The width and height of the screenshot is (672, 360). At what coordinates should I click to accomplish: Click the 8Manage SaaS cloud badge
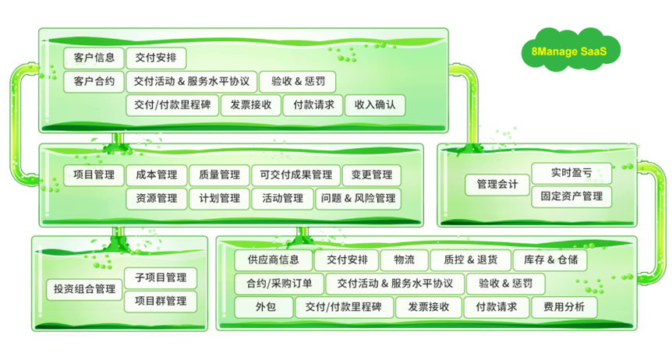[566, 53]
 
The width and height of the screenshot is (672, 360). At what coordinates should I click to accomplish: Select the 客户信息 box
[94, 58]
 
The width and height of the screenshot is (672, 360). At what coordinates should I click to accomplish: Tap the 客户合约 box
[94, 81]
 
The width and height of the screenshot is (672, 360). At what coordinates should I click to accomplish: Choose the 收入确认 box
[375, 104]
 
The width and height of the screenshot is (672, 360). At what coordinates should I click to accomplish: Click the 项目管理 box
[94, 175]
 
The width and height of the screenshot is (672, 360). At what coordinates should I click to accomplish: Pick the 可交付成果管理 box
[296, 175]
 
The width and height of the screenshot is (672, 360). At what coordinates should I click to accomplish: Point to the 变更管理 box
[372, 175]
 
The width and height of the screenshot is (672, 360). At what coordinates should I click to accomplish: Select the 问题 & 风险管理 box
[359, 199]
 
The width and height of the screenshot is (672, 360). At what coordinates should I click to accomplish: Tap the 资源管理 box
[156, 199]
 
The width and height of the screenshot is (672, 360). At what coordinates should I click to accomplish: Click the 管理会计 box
[497, 185]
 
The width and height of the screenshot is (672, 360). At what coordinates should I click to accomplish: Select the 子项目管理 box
[161, 278]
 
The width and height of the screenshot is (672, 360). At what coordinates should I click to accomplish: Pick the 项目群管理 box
[161, 301]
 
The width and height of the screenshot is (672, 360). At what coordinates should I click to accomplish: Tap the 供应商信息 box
[273, 260]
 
